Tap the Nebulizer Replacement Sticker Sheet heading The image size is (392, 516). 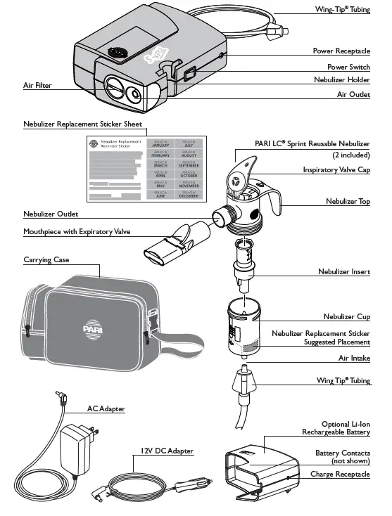coord(82,124)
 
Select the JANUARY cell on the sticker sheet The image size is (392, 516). coord(160,144)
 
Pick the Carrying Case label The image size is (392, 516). coord(46,259)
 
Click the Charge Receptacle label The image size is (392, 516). coord(340,474)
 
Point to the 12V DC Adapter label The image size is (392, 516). coord(166,450)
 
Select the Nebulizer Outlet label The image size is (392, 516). coord(51,214)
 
